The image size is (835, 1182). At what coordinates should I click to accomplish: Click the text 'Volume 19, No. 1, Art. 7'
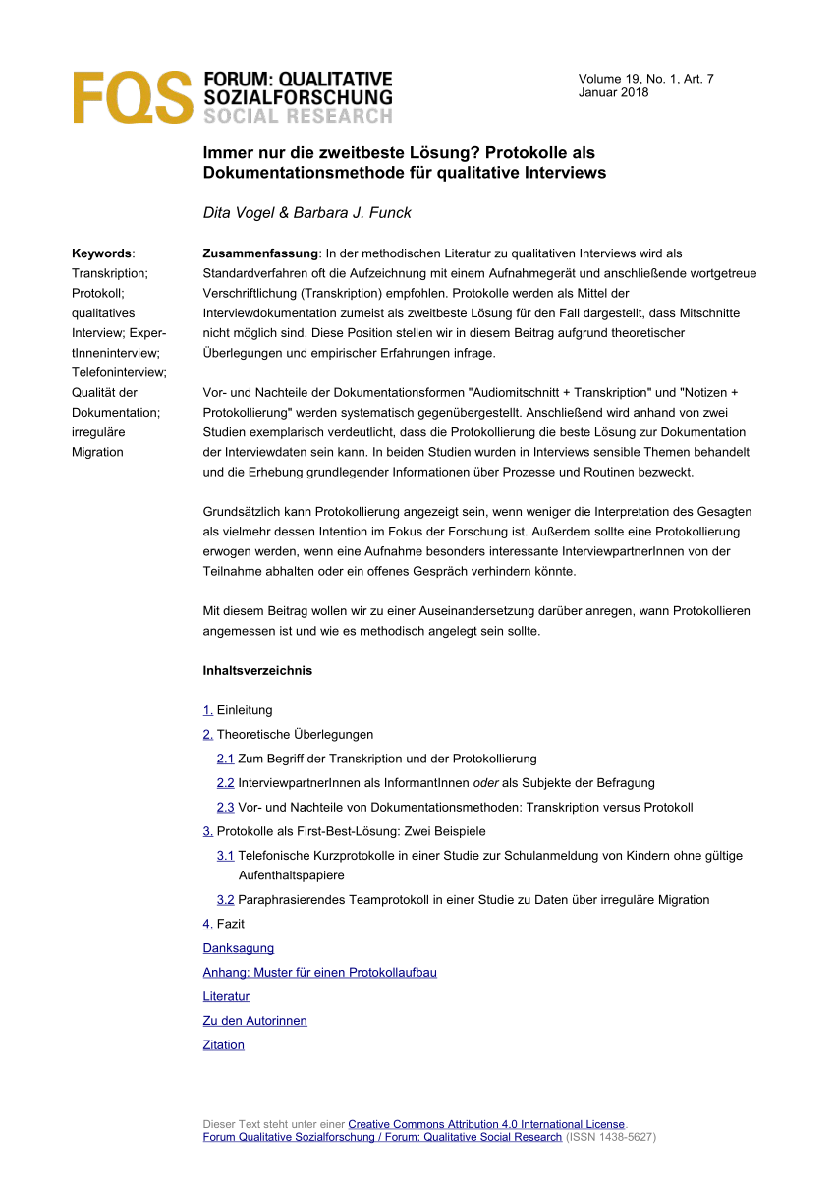645,79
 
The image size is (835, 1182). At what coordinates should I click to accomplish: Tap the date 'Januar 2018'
613,92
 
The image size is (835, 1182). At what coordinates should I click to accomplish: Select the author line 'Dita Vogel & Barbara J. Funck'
306,212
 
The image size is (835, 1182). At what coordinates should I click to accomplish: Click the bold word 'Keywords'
102,253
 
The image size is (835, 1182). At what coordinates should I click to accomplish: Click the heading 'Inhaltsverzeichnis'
257,670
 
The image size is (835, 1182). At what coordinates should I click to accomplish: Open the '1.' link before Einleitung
208,710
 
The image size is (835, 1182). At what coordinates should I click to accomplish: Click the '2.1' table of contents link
226,759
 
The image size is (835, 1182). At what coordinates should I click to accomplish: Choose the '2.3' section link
226,807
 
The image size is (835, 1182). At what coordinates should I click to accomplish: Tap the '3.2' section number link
226,899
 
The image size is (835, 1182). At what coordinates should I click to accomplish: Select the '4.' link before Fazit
208,924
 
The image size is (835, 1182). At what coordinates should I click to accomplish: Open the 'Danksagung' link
239,948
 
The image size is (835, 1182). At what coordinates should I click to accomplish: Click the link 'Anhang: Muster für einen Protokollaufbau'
319,972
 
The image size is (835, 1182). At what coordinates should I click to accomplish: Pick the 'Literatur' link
226,996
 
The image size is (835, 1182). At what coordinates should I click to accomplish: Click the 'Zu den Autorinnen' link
254,1021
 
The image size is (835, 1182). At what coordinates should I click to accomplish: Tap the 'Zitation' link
223,1044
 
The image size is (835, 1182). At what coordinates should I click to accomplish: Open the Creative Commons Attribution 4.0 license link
486,1124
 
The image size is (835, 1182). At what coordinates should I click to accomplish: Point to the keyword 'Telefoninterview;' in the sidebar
120,372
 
